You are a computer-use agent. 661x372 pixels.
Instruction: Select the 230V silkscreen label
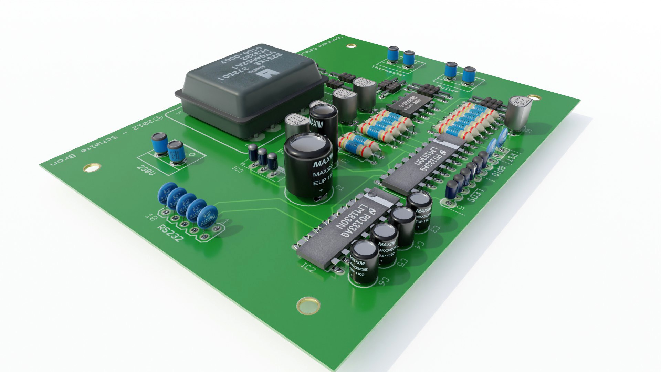tap(146, 170)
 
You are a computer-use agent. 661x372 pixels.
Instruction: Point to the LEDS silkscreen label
tap(475, 195)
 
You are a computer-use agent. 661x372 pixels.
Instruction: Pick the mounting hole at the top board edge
tap(351, 45)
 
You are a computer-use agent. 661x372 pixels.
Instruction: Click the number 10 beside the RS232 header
tap(150, 217)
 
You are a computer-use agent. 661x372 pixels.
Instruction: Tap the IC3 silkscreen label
tap(238, 169)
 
